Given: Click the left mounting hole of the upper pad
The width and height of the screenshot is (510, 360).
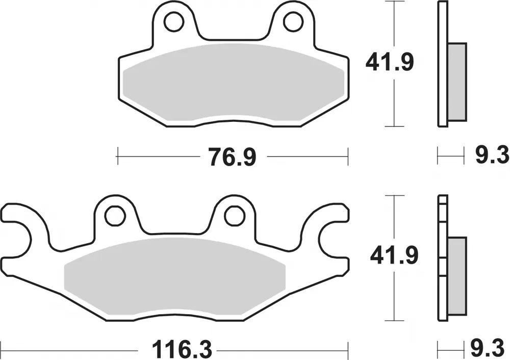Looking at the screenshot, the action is [174, 22].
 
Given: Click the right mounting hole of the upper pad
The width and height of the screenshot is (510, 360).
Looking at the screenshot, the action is [293, 22].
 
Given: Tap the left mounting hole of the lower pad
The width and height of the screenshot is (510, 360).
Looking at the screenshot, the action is [115, 215].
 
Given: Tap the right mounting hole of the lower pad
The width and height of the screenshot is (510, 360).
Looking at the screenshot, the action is [234, 215].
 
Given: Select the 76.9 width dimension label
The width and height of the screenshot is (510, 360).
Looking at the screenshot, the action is [232, 157].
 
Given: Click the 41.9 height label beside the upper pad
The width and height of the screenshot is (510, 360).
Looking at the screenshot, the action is [390, 62].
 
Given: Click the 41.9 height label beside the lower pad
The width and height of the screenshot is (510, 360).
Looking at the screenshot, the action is [394, 255].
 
